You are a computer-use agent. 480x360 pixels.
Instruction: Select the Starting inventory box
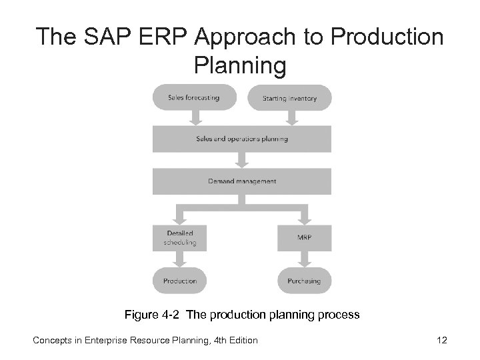tap(290, 98)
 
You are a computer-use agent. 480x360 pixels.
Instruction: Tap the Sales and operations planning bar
tap(241, 139)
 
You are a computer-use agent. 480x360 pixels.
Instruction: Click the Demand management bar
tap(241, 181)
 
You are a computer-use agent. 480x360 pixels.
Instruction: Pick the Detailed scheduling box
tap(180, 238)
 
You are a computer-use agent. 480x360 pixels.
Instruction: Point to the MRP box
tap(303, 238)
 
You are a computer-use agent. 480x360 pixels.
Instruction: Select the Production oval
tap(180, 281)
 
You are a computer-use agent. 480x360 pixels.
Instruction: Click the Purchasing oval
tap(303, 281)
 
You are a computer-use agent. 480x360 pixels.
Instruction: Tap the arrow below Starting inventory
tap(291, 117)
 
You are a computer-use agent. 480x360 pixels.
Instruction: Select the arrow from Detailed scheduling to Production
tap(180, 259)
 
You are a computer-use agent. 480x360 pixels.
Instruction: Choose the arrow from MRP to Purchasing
tap(303, 259)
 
